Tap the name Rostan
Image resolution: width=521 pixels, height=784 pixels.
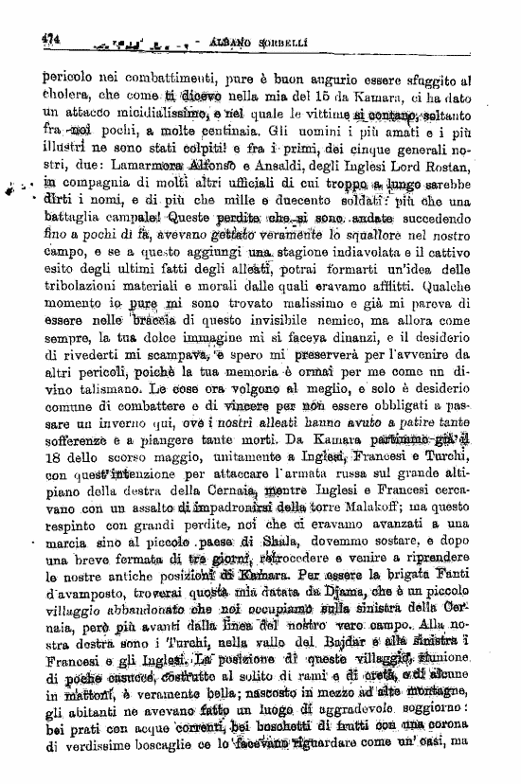pyautogui.click(x=458, y=160)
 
